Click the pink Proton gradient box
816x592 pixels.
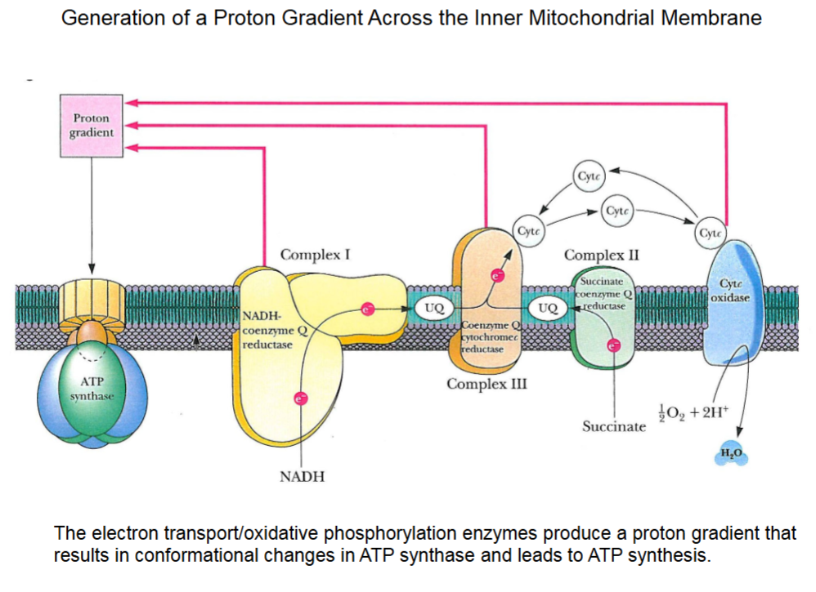click(92, 126)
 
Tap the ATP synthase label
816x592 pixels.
click(91, 388)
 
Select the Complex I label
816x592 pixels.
click(315, 255)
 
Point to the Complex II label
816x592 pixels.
click(601, 255)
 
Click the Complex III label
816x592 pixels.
click(486, 383)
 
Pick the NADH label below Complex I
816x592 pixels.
click(302, 476)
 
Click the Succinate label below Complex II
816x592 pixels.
click(613, 426)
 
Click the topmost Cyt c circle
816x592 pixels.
click(588, 176)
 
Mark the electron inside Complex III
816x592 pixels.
click(495, 276)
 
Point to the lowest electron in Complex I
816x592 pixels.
click(301, 398)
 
